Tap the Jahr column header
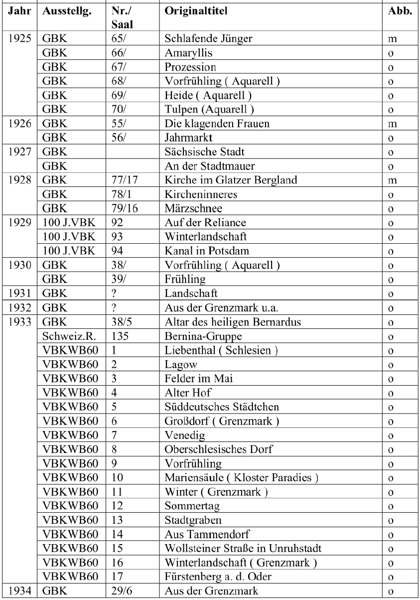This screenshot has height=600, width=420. [17, 11]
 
